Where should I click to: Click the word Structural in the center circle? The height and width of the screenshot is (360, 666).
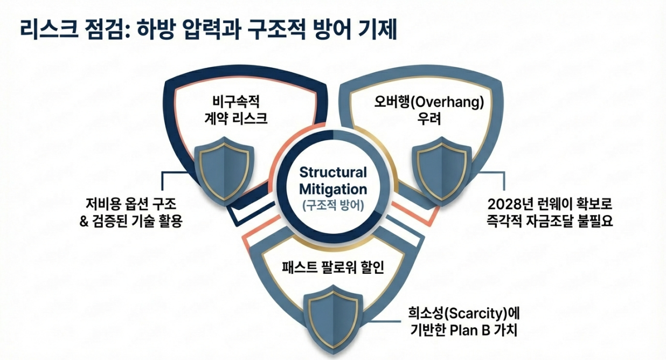click(x=332, y=172)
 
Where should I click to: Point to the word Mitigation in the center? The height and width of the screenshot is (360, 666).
click(x=332, y=189)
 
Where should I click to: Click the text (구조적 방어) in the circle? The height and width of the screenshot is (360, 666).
click(x=332, y=205)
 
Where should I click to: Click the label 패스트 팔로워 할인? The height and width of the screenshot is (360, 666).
click(x=332, y=267)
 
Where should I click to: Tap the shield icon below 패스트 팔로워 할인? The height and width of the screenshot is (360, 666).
click(x=332, y=318)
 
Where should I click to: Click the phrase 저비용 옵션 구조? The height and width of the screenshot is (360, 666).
click(x=131, y=205)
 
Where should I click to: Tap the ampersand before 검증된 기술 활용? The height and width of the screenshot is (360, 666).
click(x=84, y=221)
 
